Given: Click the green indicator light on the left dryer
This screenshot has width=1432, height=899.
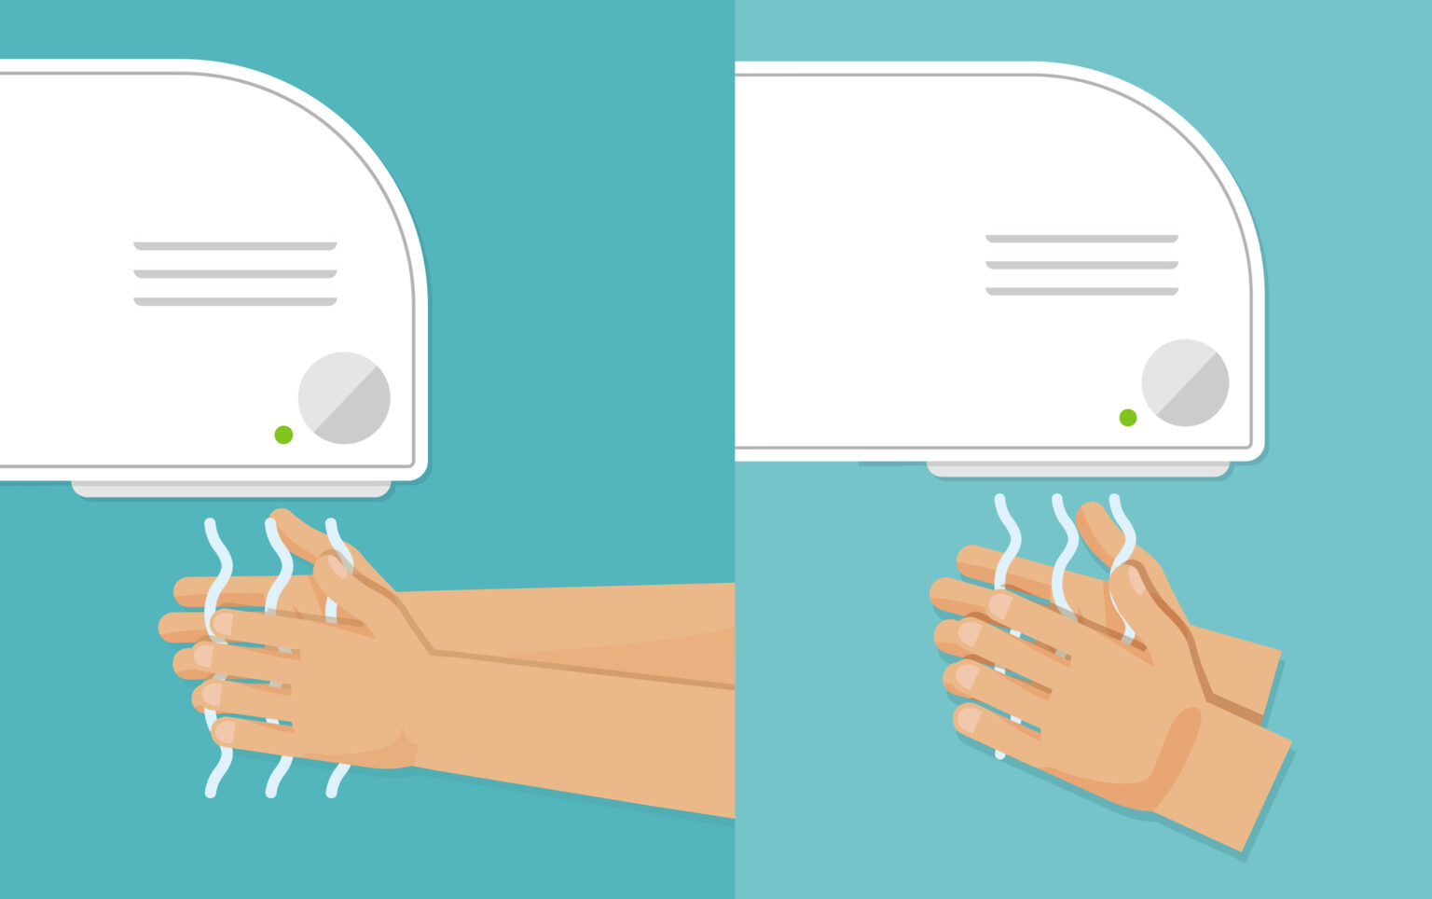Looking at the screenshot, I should tap(283, 435).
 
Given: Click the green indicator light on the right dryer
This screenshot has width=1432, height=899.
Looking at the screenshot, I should tap(1127, 418).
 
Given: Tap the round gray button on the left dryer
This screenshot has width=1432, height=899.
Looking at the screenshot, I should tap(344, 398).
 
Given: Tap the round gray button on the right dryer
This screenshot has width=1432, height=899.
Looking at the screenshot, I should tap(1185, 382).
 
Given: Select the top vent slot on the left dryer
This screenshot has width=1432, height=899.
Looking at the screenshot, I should tap(235, 246).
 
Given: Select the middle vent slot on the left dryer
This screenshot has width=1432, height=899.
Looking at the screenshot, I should tap(235, 274).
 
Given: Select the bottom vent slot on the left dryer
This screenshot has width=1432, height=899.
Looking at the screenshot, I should tap(235, 301).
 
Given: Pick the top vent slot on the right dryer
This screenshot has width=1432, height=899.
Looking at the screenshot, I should tap(1081, 239).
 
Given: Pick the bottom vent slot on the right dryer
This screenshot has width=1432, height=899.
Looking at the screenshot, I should tap(1081, 292).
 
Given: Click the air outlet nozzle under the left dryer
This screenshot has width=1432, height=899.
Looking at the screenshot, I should tap(231, 490).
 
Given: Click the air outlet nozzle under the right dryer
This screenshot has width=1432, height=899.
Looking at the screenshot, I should tap(1078, 469).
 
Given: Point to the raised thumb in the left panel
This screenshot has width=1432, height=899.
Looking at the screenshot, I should tap(296, 529).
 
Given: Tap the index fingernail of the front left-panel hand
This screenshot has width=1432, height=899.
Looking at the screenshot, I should tap(223, 623).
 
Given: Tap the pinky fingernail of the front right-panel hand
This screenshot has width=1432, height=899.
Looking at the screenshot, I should tap(970, 720).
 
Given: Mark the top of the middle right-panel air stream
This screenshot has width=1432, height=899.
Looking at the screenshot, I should tap(1059, 502).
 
